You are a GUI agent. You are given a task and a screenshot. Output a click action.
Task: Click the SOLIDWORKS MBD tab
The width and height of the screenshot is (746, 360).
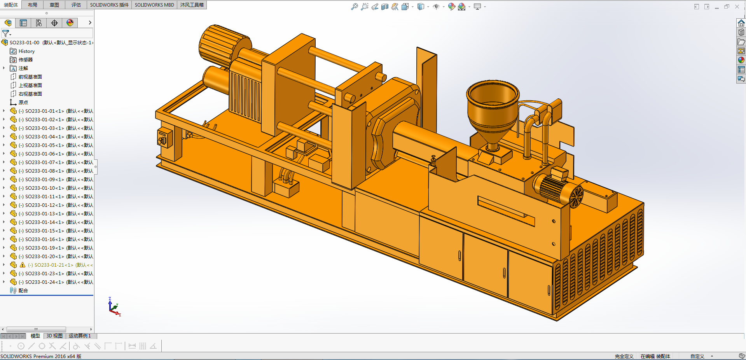click(154, 5)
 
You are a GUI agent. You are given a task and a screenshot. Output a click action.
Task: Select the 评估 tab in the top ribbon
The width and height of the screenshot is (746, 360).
click(76, 5)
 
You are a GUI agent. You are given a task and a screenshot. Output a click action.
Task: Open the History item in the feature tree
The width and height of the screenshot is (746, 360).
click(26, 51)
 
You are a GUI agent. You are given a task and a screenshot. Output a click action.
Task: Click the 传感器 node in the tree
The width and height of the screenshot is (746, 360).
click(25, 60)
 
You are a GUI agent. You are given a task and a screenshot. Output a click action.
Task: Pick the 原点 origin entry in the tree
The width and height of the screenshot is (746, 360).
click(23, 103)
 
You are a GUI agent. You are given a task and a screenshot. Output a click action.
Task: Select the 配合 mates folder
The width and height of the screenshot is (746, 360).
click(23, 291)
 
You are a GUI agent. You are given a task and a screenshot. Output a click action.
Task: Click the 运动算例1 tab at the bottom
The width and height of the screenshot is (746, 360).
click(80, 336)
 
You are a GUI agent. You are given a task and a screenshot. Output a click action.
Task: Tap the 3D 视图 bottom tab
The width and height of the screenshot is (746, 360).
click(54, 336)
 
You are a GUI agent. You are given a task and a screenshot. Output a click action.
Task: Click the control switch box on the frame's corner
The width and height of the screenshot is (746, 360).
click(164, 138)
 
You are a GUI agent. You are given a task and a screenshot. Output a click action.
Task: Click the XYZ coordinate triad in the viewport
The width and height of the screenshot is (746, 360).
click(114, 307)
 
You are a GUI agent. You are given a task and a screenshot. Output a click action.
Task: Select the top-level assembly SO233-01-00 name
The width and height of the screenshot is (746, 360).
click(24, 43)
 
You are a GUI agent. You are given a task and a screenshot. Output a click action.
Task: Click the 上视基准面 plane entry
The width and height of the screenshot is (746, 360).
click(30, 86)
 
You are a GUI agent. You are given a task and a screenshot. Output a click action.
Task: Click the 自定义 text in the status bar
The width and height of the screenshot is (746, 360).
click(697, 356)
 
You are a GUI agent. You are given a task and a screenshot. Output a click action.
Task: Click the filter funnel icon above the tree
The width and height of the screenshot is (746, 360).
click(5, 33)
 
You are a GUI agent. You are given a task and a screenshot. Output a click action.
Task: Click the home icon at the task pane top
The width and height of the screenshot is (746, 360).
click(741, 23)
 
